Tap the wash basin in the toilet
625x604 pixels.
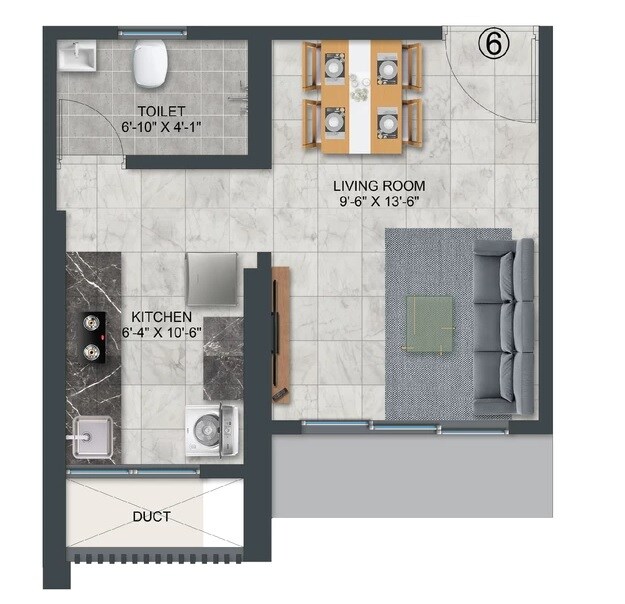(x=76, y=57)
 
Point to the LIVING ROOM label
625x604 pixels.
(x=379, y=185)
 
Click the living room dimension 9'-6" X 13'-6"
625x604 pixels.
(x=379, y=202)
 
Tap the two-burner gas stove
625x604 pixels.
(x=94, y=336)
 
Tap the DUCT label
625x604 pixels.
(x=150, y=517)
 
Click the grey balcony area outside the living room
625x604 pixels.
(x=410, y=475)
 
